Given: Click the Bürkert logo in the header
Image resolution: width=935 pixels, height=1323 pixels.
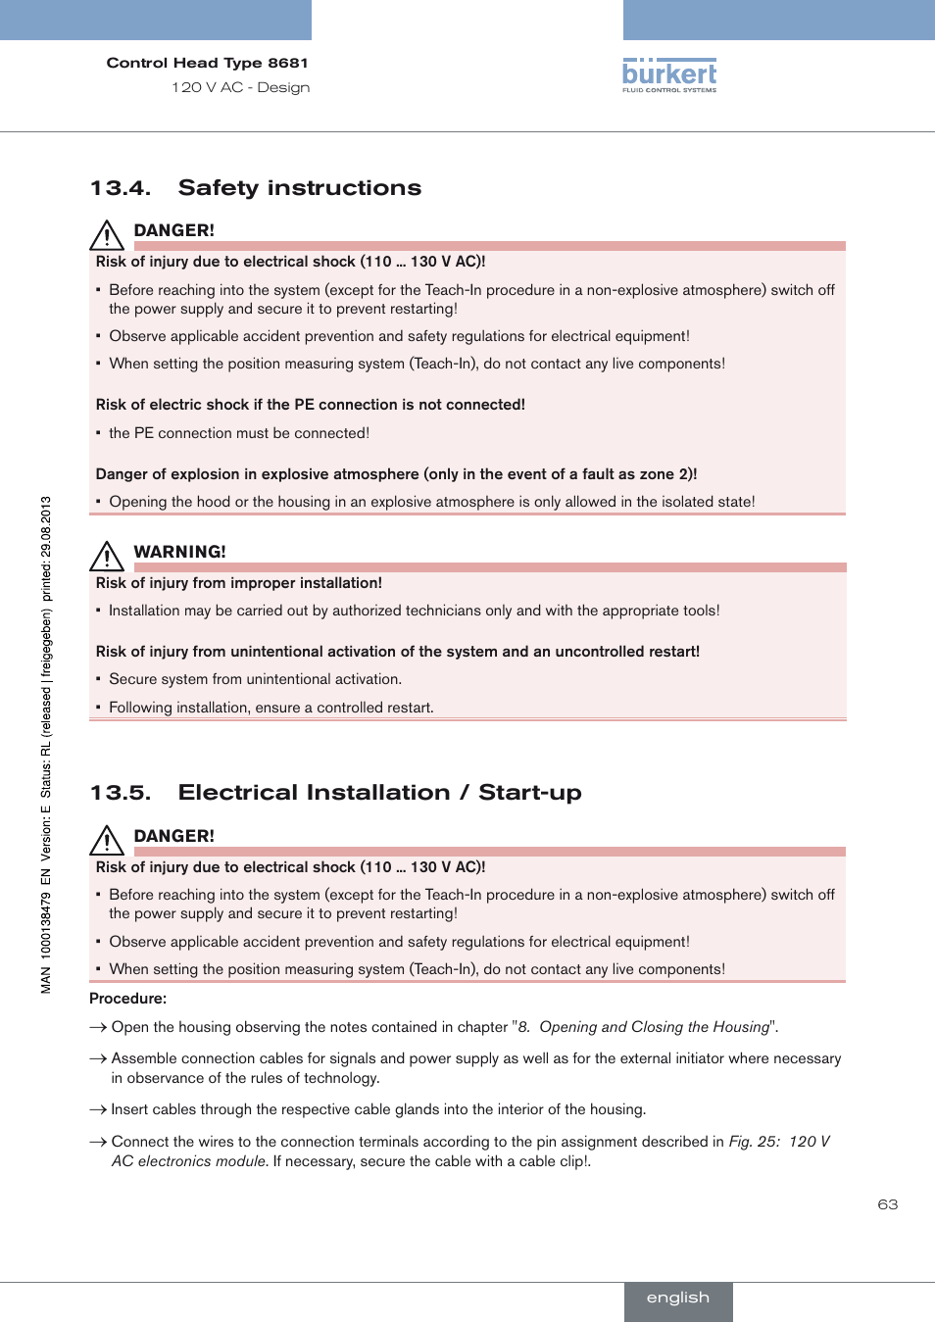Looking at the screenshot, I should point(669,74).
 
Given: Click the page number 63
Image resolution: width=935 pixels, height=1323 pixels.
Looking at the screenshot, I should point(887,1204).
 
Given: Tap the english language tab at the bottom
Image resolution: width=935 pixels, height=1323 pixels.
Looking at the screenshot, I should point(678,1298).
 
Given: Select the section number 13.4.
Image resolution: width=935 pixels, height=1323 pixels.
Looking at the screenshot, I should point(120,188).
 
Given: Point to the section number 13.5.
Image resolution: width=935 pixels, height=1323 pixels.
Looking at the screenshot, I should point(120,793).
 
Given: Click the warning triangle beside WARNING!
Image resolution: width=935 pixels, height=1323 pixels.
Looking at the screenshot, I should point(106,556).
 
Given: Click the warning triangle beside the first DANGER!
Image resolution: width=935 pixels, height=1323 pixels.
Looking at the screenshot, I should point(106,235).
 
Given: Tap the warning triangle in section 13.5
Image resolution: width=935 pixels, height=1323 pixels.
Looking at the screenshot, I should point(106,840).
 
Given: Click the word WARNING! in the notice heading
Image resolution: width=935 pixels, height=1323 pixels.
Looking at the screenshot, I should point(179,552).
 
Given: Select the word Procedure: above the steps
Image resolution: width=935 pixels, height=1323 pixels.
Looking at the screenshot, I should point(127,999).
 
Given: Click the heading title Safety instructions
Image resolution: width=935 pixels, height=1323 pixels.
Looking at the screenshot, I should point(299,188).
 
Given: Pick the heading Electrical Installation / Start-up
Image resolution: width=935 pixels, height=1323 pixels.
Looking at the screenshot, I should point(379,793).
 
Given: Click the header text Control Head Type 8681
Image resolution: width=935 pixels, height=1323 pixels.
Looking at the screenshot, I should point(207,63).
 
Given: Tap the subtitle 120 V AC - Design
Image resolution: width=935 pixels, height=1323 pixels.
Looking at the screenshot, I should point(240,87).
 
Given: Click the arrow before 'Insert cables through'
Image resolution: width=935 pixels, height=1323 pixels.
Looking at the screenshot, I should point(97,1109).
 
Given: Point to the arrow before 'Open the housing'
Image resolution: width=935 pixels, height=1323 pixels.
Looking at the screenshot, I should point(97,1027).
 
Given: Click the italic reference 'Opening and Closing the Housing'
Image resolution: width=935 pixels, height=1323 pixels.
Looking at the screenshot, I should point(654,1027).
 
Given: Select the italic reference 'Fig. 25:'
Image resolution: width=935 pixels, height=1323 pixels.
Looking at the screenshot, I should point(754,1142).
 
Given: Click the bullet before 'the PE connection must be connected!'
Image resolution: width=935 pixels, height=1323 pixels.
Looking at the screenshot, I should point(99,433).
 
